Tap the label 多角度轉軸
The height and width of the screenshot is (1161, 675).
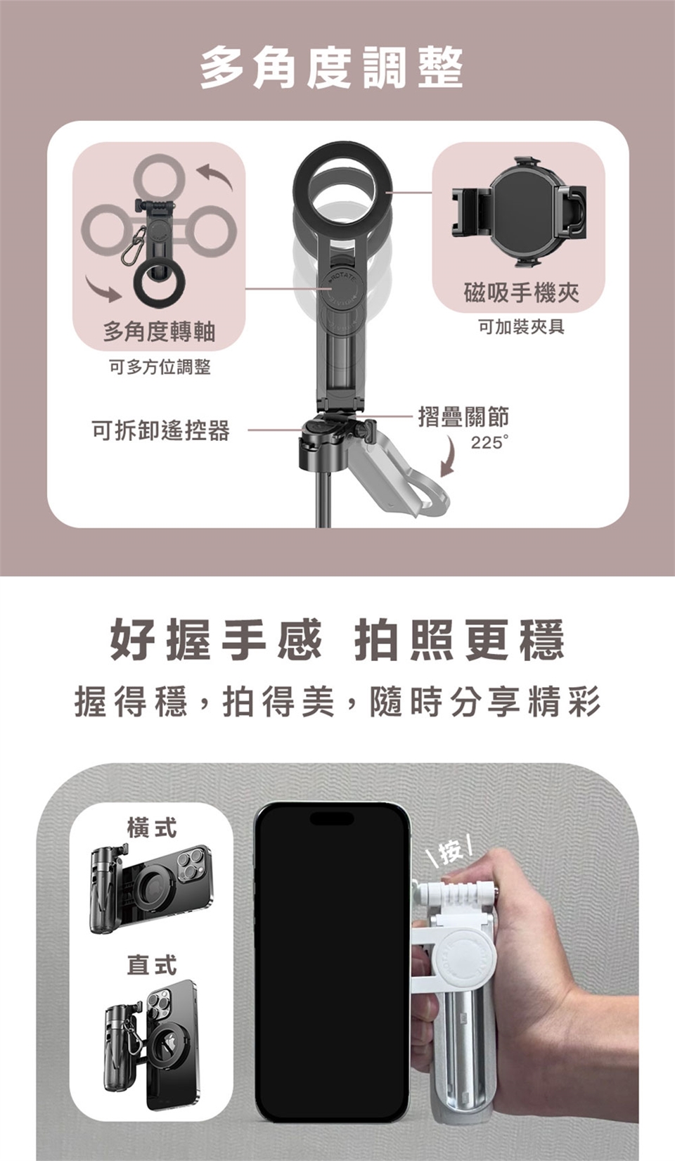coord(159,331)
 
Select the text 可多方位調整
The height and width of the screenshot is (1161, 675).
coord(160,368)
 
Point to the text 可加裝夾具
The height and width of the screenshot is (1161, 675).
coord(521,327)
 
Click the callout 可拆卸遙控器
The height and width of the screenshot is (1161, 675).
coord(160,430)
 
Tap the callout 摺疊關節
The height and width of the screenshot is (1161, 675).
coord(464,416)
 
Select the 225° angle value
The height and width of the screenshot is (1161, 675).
coord(489,443)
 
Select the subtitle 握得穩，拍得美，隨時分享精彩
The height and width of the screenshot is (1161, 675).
coord(337,701)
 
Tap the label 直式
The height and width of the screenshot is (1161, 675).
coord(152,965)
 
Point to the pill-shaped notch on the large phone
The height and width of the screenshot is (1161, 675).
coord(332,819)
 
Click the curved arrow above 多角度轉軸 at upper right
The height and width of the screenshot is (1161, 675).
coord(216,175)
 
